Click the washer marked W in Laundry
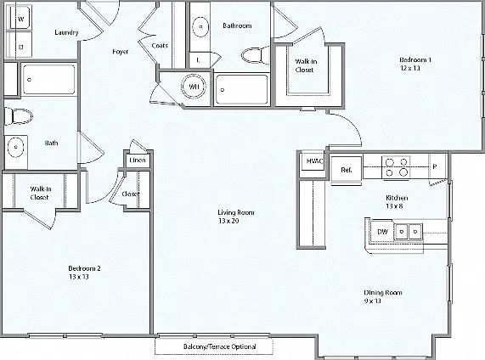[20, 18]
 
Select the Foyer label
[120, 52]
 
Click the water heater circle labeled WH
[194, 87]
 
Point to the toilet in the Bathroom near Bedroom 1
[255, 56]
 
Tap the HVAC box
[314, 160]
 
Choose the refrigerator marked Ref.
[346, 170]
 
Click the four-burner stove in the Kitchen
[396, 167]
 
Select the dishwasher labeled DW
[382, 231]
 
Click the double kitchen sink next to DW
[409, 231]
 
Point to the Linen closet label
[138, 160]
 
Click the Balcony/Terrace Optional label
[219, 346]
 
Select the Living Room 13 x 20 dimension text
[228, 221]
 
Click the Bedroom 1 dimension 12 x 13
[410, 68]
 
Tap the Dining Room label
[383, 293]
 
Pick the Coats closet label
[160, 46]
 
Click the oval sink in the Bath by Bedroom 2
[15, 148]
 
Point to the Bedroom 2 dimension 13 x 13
[79, 277]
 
